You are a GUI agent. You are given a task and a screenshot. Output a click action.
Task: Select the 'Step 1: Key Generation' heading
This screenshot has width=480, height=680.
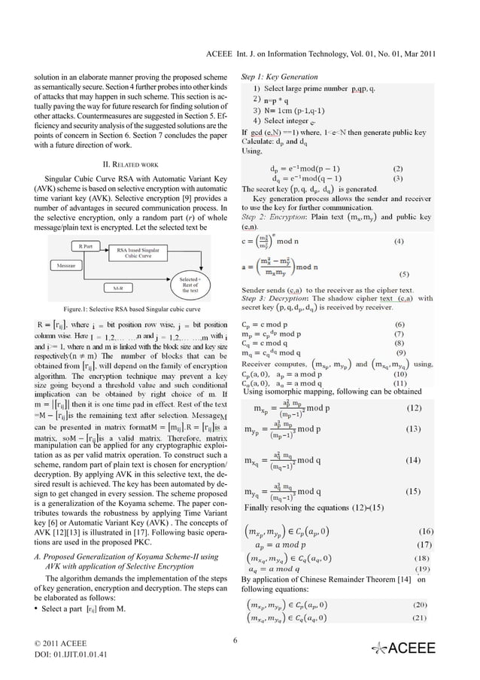pyautogui.click(x=277, y=78)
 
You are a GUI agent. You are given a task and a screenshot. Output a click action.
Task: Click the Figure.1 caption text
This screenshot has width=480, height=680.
pyautogui.click(x=131, y=310)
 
